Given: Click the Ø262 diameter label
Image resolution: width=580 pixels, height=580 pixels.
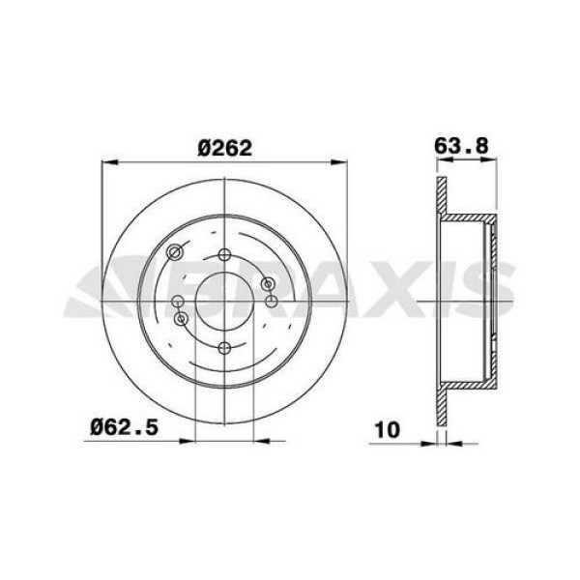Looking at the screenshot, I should pyautogui.click(x=224, y=148).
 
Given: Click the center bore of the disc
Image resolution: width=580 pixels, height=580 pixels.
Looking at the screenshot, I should pyautogui.click(x=224, y=301).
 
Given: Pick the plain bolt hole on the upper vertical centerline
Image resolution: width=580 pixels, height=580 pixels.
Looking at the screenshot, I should pyautogui.click(x=224, y=255).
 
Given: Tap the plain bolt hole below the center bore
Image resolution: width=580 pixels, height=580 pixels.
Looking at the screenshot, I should pyautogui.click(x=224, y=347).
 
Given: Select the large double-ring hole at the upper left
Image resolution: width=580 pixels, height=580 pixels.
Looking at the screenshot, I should pyautogui.click(x=175, y=253).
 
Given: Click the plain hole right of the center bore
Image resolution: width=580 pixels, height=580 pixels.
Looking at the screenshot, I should pyautogui.click(x=271, y=301).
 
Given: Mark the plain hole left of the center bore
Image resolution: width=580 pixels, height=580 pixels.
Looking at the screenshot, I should pyautogui.click(x=178, y=301).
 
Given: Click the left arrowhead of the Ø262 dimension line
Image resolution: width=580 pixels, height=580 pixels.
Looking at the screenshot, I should pyautogui.click(x=107, y=162).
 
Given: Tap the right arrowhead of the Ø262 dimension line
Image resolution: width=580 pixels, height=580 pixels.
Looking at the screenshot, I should pyautogui.click(x=341, y=162).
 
